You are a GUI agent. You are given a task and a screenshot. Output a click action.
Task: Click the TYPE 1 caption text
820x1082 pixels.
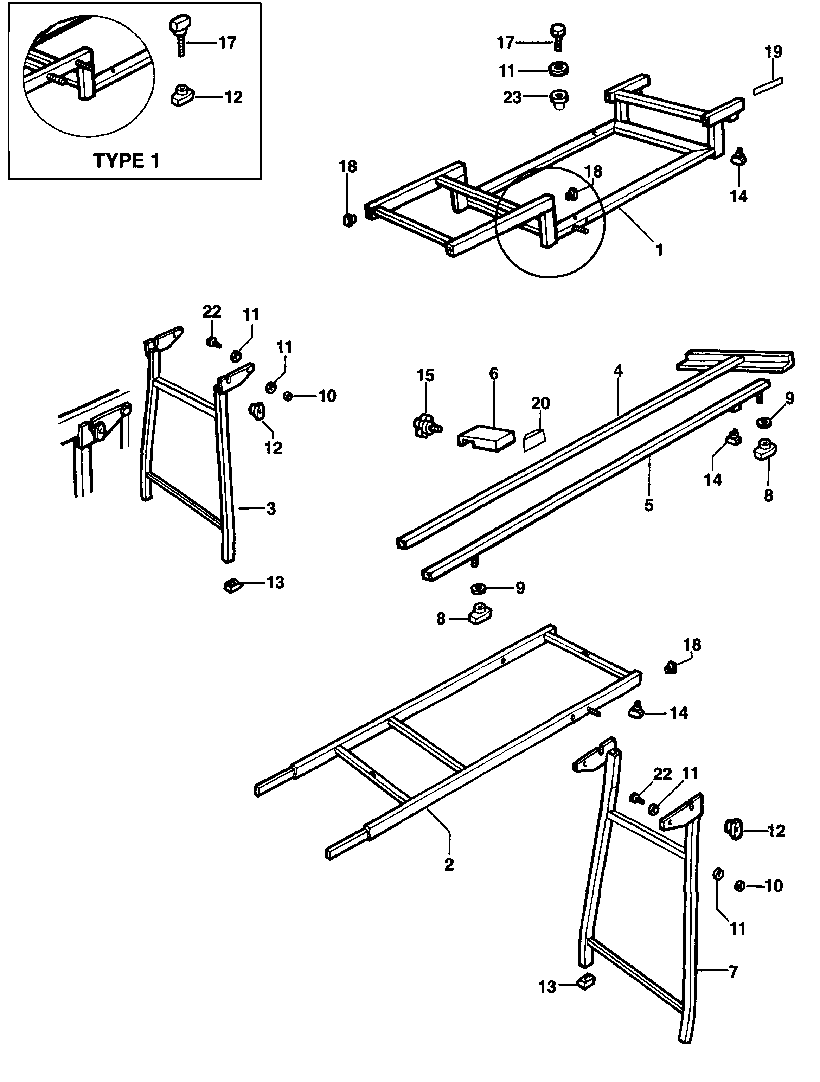(126, 160)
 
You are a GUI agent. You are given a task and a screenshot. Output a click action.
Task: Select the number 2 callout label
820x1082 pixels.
(449, 864)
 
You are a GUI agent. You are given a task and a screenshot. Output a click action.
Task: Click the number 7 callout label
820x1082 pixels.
(733, 972)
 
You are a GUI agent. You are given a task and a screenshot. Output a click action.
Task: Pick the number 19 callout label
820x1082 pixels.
(774, 52)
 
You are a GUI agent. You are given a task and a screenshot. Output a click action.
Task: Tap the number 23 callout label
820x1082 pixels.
(512, 98)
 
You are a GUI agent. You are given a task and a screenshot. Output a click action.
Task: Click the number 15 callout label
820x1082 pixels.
(425, 376)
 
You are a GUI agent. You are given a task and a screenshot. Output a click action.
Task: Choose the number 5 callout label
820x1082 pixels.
(649, 505)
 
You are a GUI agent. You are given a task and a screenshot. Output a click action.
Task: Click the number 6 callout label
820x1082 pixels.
(494, 374)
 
